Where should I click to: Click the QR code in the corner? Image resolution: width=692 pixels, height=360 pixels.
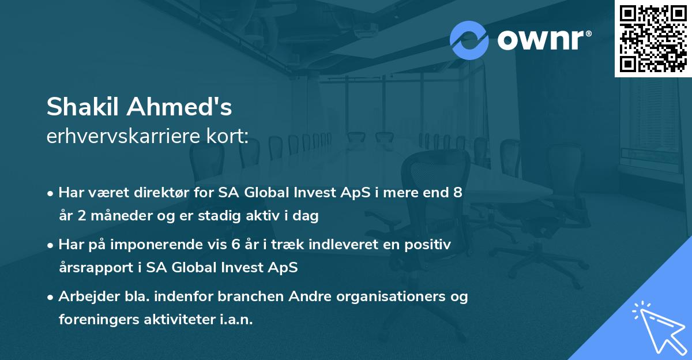653,38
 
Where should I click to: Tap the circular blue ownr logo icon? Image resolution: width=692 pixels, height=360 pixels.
469,40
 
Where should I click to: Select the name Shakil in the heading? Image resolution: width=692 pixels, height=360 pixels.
84,107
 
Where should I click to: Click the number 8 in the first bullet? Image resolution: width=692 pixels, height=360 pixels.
457,193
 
